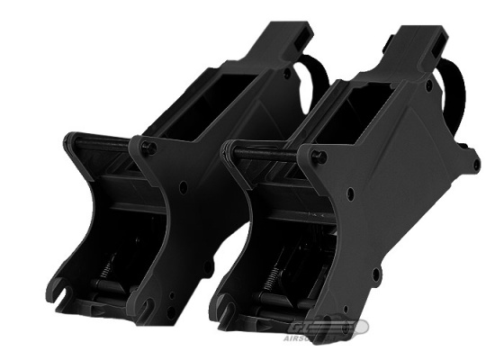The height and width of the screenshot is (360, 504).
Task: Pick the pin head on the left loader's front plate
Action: coord(147,147)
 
